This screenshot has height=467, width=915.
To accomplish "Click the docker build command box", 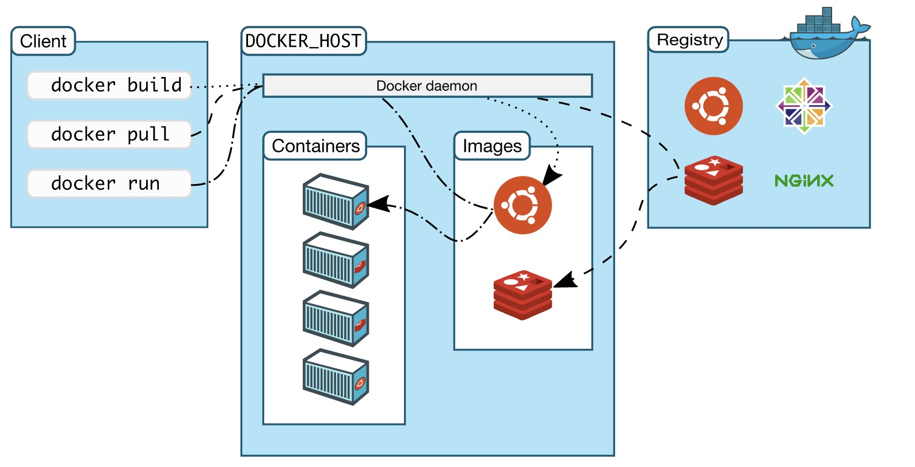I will [109, 86].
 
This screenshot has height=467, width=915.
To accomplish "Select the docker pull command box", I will [109, 135].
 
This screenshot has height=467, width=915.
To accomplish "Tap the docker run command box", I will [109, 183].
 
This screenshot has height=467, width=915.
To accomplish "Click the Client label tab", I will [43, 41].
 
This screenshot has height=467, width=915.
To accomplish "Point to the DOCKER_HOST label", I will [303, 41].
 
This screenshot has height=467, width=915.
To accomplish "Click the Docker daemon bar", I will [427, 86].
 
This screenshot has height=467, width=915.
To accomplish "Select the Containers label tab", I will [315, 146].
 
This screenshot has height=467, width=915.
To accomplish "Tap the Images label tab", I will [492, 146].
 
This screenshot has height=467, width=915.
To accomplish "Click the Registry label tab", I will [689, 40].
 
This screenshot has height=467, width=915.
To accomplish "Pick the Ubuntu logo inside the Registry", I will [714, 106].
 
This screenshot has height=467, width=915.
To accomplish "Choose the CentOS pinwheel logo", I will [804, 106].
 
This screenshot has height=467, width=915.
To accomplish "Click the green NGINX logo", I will [804, 181].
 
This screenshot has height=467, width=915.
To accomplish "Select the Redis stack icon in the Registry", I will [714, 180].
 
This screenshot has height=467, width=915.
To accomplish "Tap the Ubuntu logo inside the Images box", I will [523, 205].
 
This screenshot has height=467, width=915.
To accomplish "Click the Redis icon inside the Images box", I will [523, 295].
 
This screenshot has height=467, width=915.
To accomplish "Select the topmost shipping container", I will [335, 202].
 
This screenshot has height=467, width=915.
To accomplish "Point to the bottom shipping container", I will [335, 377].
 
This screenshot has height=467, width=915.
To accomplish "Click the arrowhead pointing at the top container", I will [377, 204].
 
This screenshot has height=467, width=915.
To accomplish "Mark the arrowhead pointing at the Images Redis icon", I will [565, 281].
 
